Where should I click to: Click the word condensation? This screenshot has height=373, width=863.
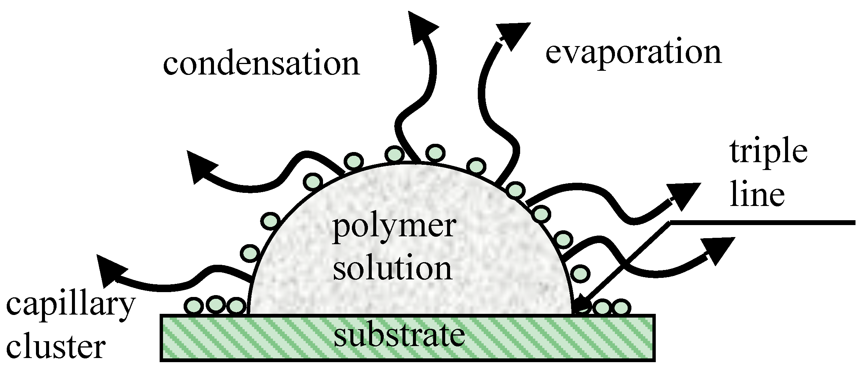pyautogui.click(x=261, y=64)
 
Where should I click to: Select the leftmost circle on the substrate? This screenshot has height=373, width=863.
pyautogui.click(x=195, y=306)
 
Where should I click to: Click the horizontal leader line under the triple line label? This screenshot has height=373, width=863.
pyautogui.click(x=761, y=223)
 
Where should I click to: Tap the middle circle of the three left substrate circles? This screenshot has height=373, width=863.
pyautogui.click(x=216, y=304)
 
